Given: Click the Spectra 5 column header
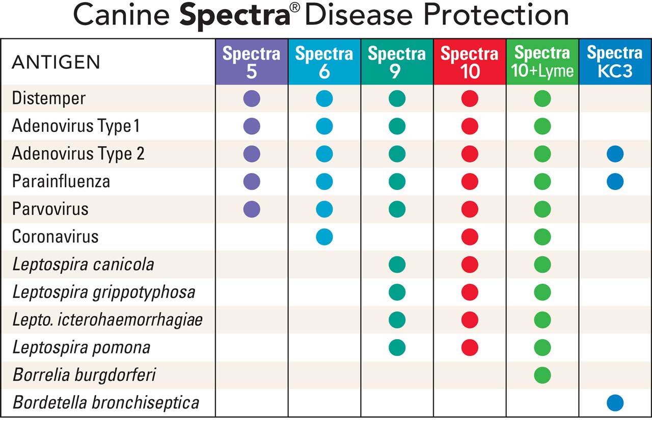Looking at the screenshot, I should click(252, 62).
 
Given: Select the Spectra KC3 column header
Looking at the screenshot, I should click(615, 62).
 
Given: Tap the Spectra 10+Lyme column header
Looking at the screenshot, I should click(542, 62).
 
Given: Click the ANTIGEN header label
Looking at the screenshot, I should click(56, 63).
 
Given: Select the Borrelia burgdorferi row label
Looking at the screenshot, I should click(84, 375).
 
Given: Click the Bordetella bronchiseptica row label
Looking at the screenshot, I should click(106, 403).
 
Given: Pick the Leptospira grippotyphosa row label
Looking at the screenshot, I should click(104, 292).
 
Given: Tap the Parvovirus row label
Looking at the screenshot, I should click(50, 209).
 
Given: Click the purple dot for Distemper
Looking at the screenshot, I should click(252, 98).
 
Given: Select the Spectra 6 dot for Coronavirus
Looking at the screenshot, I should click(324, 237).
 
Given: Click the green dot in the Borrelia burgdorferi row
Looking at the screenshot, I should click(542, 375).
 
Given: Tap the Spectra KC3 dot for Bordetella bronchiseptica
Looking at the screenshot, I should click(615, 403).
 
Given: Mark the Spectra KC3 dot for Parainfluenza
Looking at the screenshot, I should click(615, 181).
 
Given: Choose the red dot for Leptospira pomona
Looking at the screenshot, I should click(470, 348).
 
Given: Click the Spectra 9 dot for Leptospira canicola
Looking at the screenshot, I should click(397, 264).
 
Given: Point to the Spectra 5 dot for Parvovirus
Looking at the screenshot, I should click(252, 209).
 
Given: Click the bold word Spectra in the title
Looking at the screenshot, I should click(235, 16).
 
